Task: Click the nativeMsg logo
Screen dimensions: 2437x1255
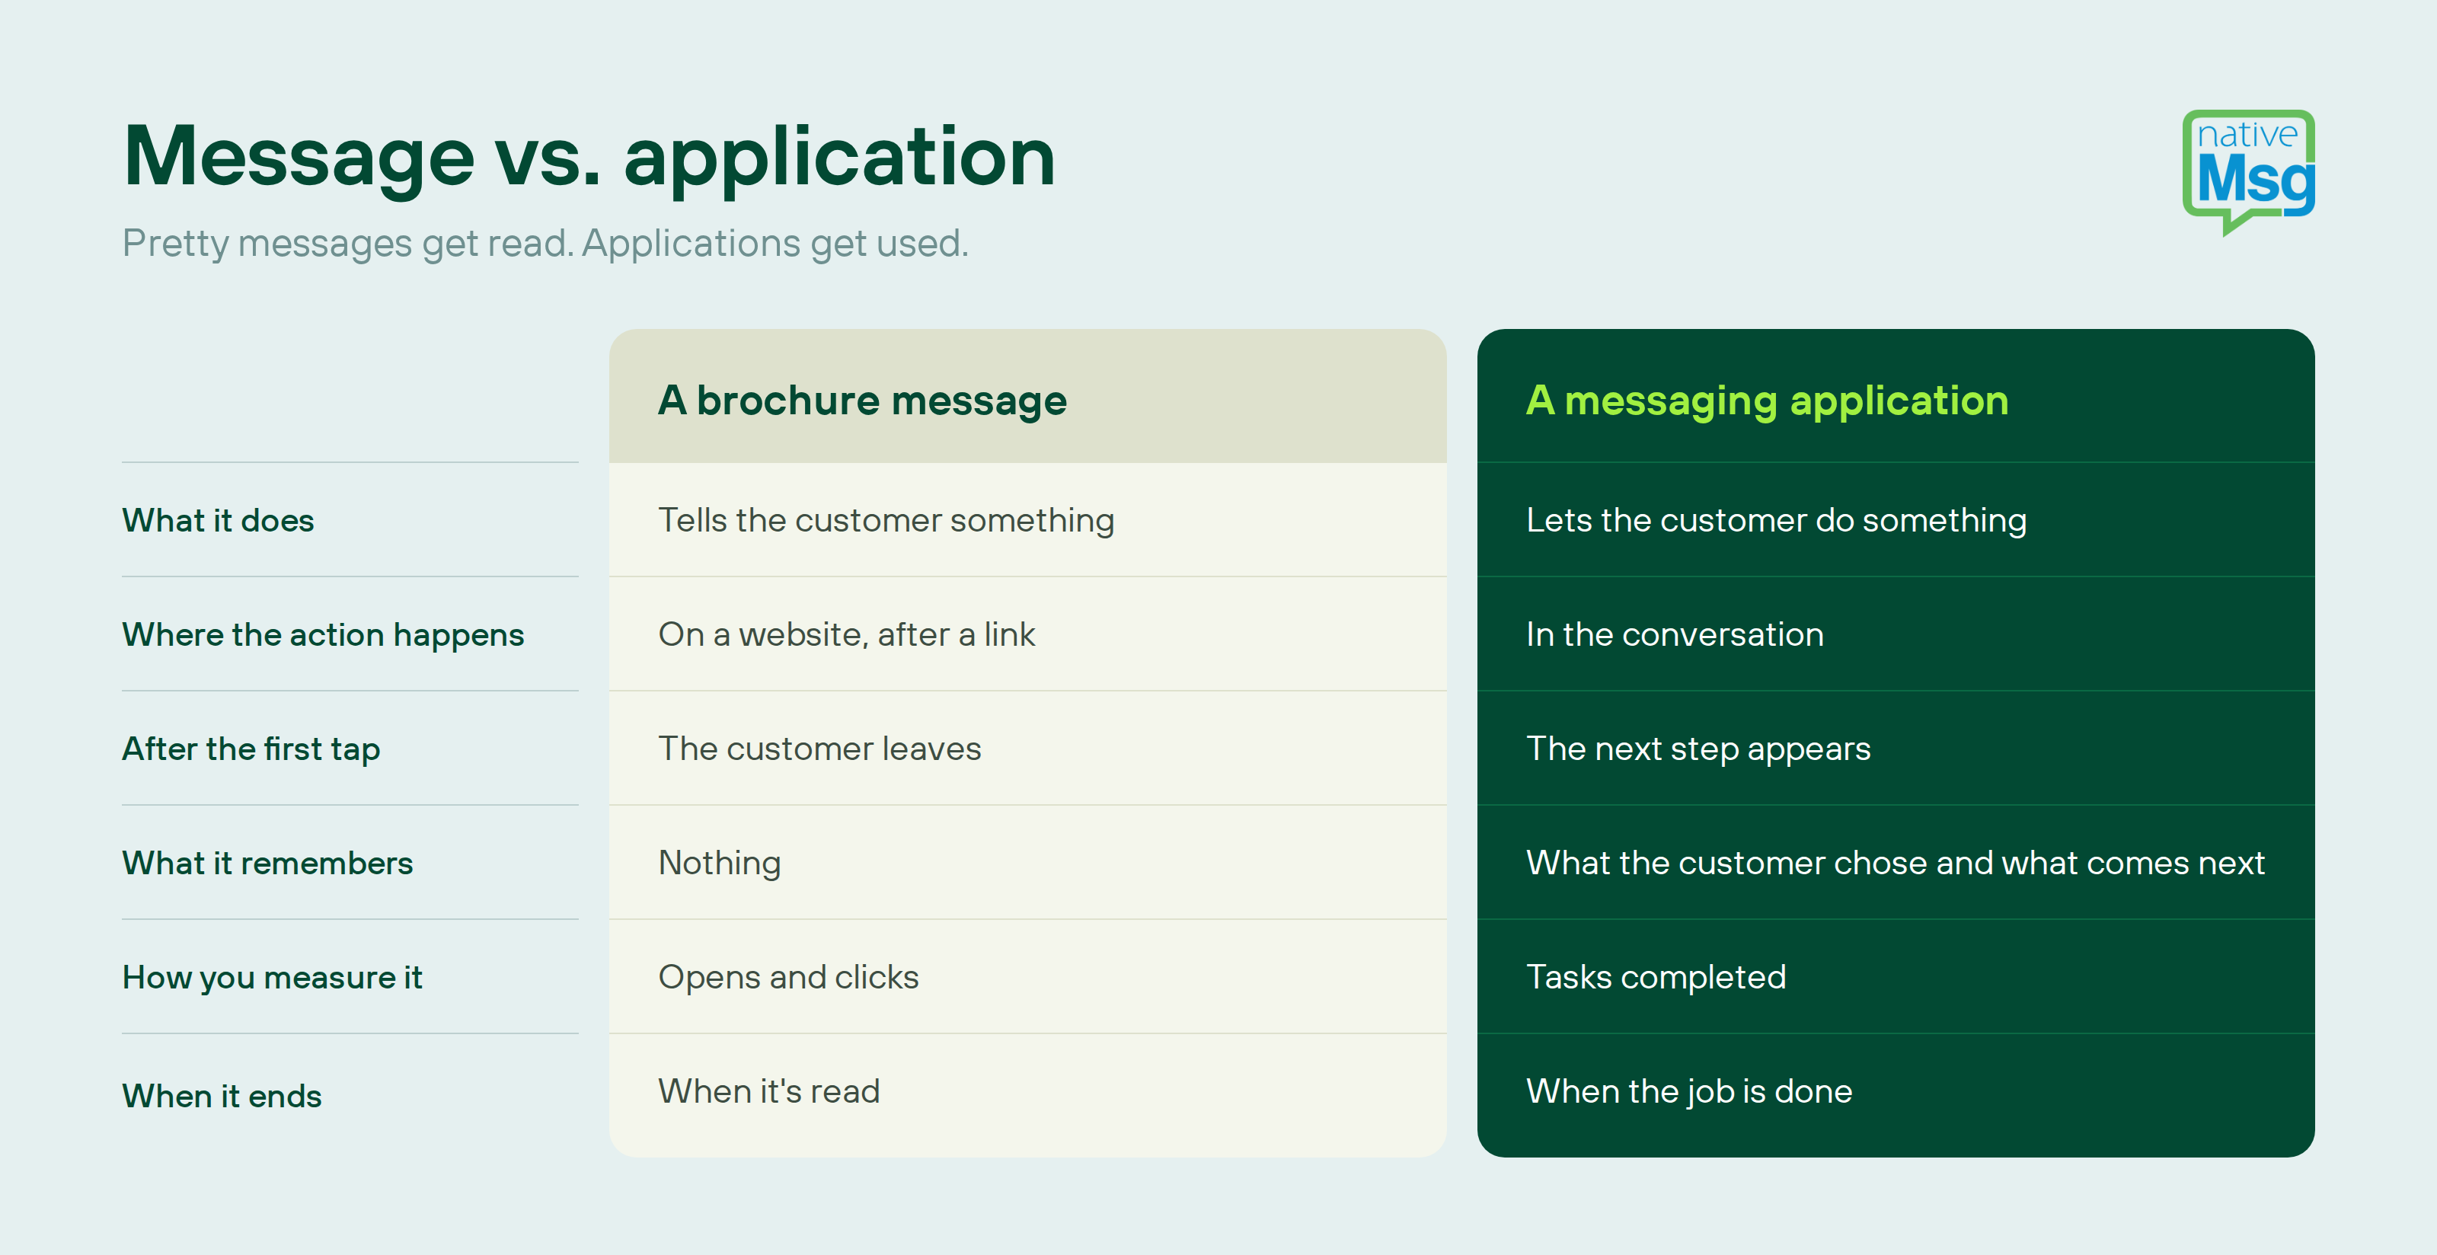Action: point(2248,172)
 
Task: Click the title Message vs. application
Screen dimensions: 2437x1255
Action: point(589,157)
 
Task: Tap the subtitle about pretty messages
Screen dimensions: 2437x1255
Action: point(545,244)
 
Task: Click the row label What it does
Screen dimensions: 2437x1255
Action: point(218,520)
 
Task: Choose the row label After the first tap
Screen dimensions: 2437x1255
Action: point(251,749)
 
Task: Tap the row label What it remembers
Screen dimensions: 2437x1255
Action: point(268,864)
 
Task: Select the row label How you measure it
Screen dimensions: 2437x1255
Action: point(273,978)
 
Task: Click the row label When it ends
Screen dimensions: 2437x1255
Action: point(222,1096)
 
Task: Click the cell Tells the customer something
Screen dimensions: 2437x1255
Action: point(886,521)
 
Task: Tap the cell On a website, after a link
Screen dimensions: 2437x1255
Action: point(847,634)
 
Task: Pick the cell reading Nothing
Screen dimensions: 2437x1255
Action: point(720,864)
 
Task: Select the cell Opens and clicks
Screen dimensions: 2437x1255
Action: point(788,978)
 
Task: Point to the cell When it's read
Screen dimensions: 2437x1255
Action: point(769,1091)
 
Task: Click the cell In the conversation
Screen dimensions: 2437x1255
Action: point(1675,634)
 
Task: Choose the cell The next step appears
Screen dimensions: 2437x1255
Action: point(1698,749)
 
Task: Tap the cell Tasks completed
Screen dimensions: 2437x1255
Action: point(1656,978)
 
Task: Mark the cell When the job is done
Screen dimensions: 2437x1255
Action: point(1688,1091)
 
